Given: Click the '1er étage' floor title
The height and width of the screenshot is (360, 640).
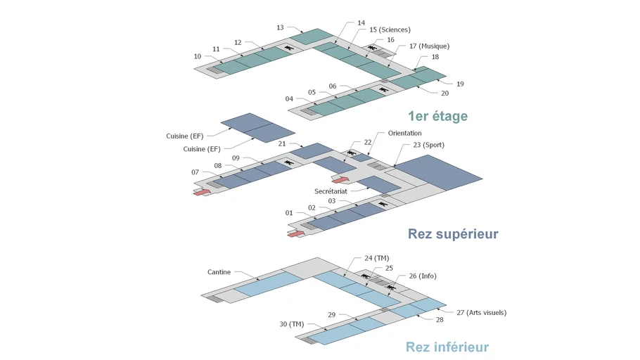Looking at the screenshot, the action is point(438,116).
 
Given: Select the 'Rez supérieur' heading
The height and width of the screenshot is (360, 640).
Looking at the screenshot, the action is point(453,234).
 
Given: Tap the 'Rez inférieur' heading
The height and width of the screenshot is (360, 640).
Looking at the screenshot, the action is point(447,347).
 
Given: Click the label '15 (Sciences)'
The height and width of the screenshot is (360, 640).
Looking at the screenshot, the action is point(390,30).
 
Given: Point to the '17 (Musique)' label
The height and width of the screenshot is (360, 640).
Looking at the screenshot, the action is point(430,46).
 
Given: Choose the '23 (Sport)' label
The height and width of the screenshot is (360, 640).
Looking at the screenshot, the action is point(428,145).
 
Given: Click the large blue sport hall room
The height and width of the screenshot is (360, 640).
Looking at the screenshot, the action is point(439,172).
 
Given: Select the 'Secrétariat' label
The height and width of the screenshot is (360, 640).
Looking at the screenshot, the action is point(331,191).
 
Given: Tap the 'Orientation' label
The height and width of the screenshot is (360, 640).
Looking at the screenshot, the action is point(404,133).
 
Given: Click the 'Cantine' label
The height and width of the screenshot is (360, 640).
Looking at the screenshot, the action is point(219,272).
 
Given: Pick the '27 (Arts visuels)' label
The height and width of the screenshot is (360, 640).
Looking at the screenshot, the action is point(482,313).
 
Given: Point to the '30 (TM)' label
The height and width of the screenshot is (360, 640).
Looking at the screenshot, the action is point(291,324).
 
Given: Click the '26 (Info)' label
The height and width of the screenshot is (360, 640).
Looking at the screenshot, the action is point(423,276).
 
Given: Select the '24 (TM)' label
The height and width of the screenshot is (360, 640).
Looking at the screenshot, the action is point(377,258).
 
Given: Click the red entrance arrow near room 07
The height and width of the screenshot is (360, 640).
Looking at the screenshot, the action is point(201,192).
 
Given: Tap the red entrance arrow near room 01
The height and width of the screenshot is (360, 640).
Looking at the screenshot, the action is point(296,233).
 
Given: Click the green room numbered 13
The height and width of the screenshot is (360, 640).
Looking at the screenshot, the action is point(312,37).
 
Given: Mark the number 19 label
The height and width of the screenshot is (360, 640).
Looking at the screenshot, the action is point(460,84).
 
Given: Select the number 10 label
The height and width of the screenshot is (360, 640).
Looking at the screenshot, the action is point(198,56).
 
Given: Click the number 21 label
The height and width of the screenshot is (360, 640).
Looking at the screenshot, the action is point(282,143).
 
